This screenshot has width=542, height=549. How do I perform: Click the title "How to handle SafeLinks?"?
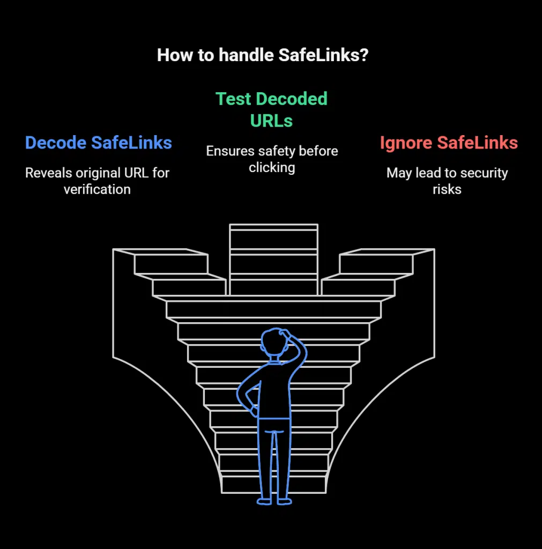262,55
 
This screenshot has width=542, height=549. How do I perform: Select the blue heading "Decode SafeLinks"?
98,143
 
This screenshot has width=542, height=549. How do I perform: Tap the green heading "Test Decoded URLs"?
271,109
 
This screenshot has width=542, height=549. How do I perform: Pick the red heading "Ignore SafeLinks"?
448,143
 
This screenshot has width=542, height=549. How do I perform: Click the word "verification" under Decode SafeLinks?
97,189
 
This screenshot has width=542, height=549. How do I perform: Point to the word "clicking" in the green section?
272,167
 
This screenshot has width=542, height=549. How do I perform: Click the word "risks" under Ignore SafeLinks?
447,189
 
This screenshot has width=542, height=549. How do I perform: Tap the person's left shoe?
264,501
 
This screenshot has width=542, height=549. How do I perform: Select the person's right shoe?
285,501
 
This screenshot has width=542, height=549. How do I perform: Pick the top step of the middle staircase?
273,227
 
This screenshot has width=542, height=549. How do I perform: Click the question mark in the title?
364,55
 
